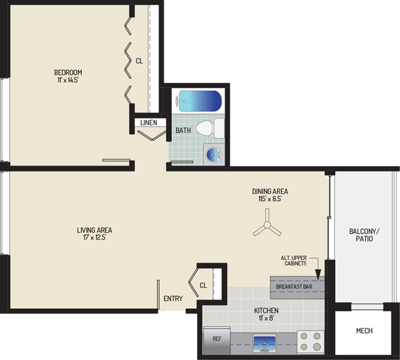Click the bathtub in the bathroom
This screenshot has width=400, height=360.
(198, 101)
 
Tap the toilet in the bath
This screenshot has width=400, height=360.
(210, 128)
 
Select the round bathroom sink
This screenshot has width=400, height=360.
(214, 154)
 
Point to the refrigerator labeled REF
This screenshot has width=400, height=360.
(217, 340)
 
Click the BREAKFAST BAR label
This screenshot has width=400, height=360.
(294, 287)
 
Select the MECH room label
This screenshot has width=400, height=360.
(364, 331)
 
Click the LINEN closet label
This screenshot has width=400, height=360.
(149, 122)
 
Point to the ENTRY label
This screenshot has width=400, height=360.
(173, 298)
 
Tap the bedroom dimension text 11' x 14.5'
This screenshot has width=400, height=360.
(68, 80)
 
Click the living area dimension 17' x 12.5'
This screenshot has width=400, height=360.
(95, 238)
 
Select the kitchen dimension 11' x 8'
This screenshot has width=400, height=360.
(266, 318)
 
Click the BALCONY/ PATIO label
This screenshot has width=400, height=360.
(364, 235)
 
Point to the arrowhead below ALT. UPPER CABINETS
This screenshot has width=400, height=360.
(318, 275)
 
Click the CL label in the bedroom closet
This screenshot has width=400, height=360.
(139, 61)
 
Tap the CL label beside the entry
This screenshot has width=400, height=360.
(204, 285)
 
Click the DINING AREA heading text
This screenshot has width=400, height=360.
(270, 191)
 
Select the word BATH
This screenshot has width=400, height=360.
(183, 130)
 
